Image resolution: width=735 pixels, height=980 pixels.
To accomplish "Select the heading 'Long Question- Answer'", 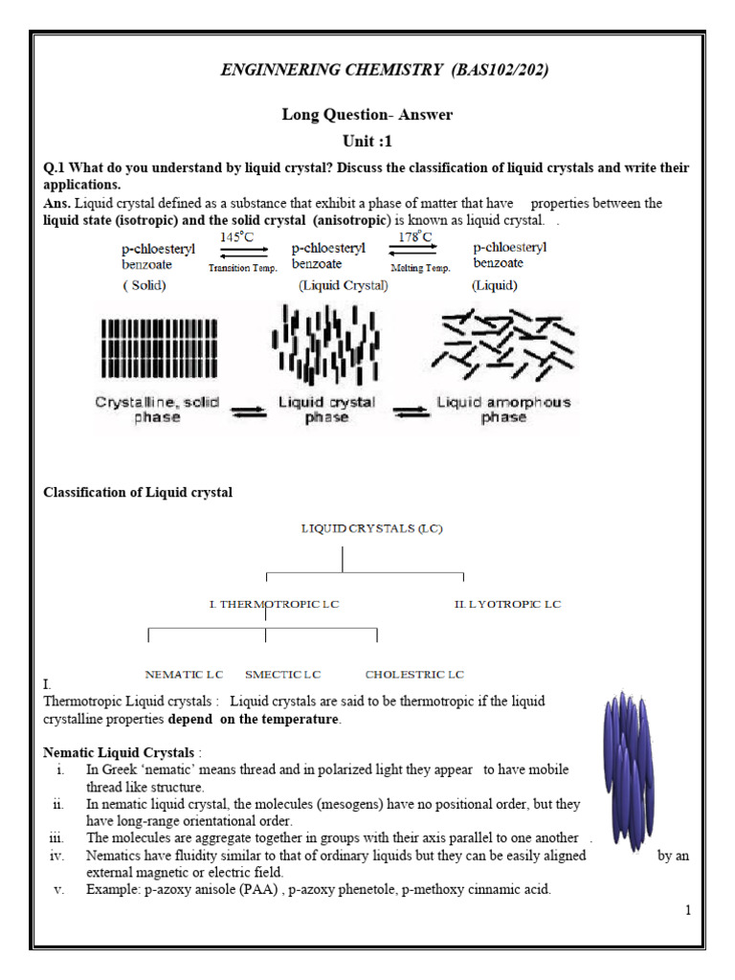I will (x=367, y=115).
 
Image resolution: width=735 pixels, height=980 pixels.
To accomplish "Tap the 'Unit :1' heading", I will (x=367, y=141).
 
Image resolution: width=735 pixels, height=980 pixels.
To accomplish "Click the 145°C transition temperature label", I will (x=238, y=236).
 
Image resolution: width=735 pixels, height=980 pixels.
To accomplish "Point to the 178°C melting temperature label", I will (x=415, y=236).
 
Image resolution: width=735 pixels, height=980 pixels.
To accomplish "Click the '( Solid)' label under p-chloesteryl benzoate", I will (x=146, y=285).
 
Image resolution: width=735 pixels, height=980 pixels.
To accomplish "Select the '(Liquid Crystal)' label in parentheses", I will (x=343, y=285).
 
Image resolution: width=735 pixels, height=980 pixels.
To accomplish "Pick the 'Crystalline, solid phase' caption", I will (x=156, y=410).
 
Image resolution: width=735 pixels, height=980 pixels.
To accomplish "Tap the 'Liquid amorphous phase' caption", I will (x=503, y=410).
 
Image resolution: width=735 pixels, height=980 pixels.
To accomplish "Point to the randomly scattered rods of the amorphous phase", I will (x=503, y=340).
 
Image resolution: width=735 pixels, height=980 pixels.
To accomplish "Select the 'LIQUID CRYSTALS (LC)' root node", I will (x=372, y=527).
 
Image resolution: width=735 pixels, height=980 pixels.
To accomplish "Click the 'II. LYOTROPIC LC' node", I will (x=507, y=604).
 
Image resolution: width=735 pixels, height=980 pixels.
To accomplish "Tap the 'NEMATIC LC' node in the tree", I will (x=184, y=675).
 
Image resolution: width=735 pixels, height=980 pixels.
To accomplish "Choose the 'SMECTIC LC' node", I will (x=282, y=675).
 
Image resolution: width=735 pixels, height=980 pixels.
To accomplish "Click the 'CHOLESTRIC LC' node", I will (x=414, y=675).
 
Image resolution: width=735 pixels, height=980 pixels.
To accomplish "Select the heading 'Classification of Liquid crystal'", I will (x=138, y=492).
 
